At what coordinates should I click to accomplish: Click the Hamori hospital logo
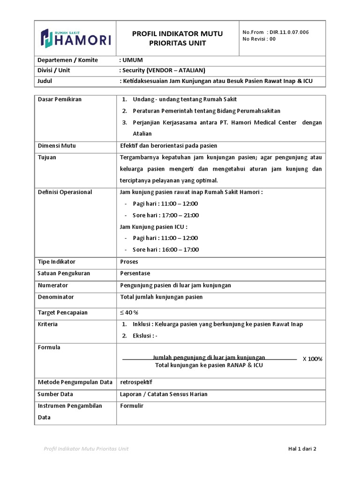[x=75, y=38]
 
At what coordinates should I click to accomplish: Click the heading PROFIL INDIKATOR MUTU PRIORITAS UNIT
[x=177, y=38]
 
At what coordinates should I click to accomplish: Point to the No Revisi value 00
[x=272, y=39]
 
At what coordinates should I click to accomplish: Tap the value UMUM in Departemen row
[x=133, y=60]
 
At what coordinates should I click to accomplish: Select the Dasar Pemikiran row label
[x=60, y=99]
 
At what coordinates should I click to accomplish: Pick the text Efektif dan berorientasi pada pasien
[x=169, y=146]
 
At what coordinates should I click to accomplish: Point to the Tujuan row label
[x=47, y=157]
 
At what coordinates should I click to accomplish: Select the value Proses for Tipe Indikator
[x=129, y=262]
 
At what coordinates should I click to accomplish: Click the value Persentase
[x=135, y=273]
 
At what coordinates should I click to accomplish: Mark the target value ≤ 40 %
[x=129, y=313]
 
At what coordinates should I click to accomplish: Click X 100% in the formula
[x=312, y=359]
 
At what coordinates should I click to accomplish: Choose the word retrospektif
[x=136, y=382]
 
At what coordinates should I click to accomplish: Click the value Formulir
[x=132, y=406]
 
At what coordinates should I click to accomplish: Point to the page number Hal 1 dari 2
[x=302, y=449]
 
